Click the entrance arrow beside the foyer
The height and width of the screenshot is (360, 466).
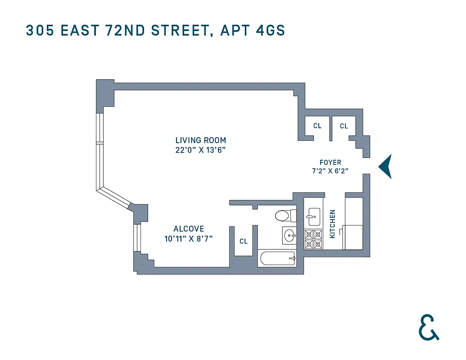click(x=385, y=166)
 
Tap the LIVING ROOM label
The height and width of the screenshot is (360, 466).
click(x=200, y=140)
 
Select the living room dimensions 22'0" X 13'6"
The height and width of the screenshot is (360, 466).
click(x=200, y=150)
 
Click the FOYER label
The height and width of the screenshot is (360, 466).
click(x=330, y=162)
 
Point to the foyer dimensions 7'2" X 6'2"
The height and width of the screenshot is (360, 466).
click(x=330, y=171)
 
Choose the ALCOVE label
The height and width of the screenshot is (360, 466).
click(x=189, y=229)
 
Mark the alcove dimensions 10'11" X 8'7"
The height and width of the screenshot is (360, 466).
click(x=189, y=239)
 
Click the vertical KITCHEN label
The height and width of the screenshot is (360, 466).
click(x=333, y=224)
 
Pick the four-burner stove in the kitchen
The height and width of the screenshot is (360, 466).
click(x=313, y=239)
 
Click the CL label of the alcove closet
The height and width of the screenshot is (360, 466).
click(x=244, y=241)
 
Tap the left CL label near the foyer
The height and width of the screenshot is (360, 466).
click(x=317, y=126)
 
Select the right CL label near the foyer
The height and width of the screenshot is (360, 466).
click(x=344, y=126)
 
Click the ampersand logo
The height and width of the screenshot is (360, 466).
click(x=428, y=327)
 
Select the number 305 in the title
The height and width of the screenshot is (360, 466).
click(x=37, y=31)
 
